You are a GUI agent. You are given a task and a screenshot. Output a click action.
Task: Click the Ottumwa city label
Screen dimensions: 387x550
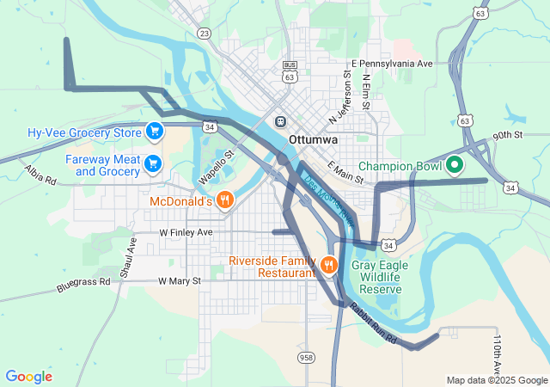pyautogui.click(x=315, y=138)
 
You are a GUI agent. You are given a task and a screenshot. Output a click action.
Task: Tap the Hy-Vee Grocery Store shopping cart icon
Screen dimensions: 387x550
pyautogui.click(x=155, y=132)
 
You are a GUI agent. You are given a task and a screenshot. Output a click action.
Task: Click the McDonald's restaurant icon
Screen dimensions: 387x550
pyautogui.click(x=224, y=200)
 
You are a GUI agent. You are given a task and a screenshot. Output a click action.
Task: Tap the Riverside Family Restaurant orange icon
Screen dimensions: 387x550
pyautogui.click(x=328, y=263)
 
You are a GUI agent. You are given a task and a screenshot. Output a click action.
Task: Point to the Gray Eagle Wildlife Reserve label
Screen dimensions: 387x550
pyautogui.click(x=376, y=277)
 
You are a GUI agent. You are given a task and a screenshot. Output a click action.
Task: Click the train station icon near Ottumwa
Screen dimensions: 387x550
pyautogui.click(x=279, y=121)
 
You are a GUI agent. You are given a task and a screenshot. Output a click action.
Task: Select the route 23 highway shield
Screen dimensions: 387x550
pyautogui.click(x=204, y=34)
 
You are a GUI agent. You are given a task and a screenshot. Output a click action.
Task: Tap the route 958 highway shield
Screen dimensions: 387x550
pyautogui.click(x=306, y=357)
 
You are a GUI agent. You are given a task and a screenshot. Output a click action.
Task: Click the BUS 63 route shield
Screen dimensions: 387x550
pyautogui.click(x=290, y=71)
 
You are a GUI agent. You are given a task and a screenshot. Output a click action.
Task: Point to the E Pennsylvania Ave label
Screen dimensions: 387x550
pyautogui.click(x=393, y=64)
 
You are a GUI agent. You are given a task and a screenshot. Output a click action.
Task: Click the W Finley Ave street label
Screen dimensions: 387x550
pyautogui.click(x=186, y=233)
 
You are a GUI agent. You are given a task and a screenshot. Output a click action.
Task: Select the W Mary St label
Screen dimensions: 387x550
pyautogui.click(x=179, y=281)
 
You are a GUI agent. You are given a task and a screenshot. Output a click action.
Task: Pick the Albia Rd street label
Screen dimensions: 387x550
pyautogui.click(x=40, y=175)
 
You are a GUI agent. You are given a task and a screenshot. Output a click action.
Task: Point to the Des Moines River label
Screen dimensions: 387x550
pyautogui.click(x=327, y=199)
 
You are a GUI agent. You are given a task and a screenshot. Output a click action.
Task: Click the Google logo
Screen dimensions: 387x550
pyautogui.click(x=28, y=377)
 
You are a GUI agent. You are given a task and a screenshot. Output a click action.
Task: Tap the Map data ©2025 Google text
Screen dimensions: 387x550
pyautogui.click(x=497, y=380)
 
